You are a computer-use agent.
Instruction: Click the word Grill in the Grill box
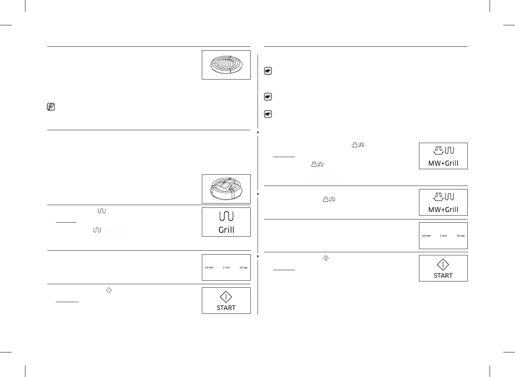[x=226, y=230]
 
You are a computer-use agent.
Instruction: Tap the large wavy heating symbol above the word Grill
[x=226, y=216]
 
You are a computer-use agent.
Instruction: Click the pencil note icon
[x=51, y=107]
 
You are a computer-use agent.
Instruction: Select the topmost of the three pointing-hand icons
[x=268, y=71]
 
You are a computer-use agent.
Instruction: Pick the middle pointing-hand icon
[x=268, y=97]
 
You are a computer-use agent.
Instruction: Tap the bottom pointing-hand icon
[x=268, y=114]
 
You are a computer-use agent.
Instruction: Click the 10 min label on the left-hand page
[x=209, y=267]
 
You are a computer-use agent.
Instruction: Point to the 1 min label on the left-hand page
[x=226, y=267]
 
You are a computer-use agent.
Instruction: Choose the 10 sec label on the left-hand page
[x=243, y=267]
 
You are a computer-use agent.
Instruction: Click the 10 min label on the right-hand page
[x=426, y=236]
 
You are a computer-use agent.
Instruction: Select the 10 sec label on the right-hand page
[x=461, y=236]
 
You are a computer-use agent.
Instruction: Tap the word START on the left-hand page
[x=226, y=308]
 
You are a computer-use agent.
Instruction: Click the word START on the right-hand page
[x=443, y=276]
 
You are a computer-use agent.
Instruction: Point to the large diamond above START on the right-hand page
[x=443, y=265]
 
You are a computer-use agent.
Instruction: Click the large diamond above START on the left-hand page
[x=226, y=297]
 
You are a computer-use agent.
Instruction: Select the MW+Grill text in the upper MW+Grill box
[x=443, y=163]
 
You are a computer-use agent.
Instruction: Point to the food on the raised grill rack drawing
[x=224, y=186]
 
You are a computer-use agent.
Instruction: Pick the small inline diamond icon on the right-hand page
[x=326, y=258]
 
